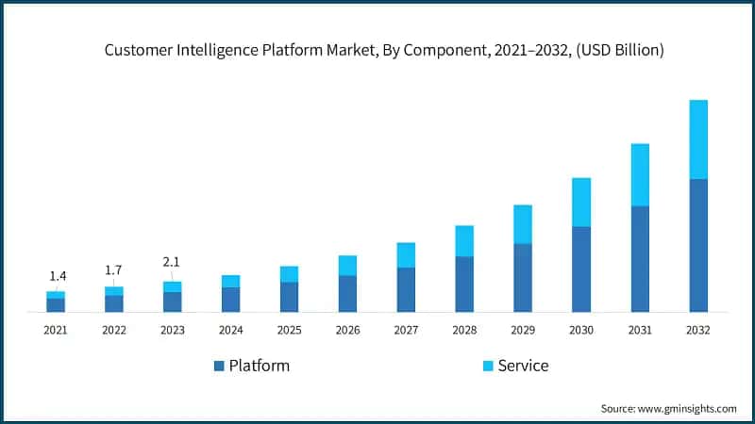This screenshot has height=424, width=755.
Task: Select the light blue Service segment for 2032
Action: click(x=698, y=139)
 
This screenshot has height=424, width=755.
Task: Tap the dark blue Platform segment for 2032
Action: click(x=698, y=245)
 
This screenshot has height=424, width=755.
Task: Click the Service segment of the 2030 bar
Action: click(x=581, y=202)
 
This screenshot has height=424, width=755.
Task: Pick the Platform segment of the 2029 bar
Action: click(x=523, y=277)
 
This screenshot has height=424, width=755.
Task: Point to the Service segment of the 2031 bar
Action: click(x=640, y=174)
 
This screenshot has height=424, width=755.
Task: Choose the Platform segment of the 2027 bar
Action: click(x=406, y=289)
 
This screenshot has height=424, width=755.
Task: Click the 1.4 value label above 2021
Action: click(x=58, y=276)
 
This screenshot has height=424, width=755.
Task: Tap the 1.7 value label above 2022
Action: click(x=113, y=270)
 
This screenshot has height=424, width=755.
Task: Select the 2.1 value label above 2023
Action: click(x=172, y=261)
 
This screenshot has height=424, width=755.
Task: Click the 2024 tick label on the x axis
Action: click(x=230, y=330)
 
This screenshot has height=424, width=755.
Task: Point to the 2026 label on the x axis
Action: click(x=347, y=330)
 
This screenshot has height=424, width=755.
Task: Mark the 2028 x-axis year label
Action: click(x=464, y=330)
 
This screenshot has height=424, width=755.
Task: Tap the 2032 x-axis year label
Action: click(x=698, y=330)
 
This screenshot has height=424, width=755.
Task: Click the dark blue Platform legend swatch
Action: click(x=220, y=366)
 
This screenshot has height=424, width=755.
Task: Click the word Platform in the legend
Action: click(x=260, y=366)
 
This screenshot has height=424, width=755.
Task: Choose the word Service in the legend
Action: click(x=523, y=366)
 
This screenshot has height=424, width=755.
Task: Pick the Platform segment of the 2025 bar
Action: click(x=289, y=297)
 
